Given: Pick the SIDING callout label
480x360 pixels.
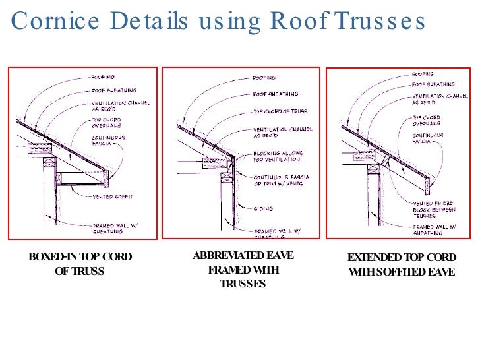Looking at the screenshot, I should (x=264, y=208).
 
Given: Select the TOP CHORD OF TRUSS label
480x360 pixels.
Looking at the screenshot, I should (x=281, y=112).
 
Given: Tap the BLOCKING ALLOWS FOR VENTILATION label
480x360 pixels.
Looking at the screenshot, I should (x=278, y=156).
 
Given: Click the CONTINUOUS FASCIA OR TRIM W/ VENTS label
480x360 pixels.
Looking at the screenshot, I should (x=282, y=181).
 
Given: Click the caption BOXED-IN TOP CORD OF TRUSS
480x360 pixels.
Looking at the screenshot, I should (x=80, y=263).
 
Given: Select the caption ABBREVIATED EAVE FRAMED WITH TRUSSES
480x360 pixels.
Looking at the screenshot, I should (x=243, y=270).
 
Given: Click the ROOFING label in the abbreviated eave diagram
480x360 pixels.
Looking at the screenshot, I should (x=264, y=78).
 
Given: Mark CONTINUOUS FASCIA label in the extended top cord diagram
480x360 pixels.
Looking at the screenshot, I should (x=428, y=138).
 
